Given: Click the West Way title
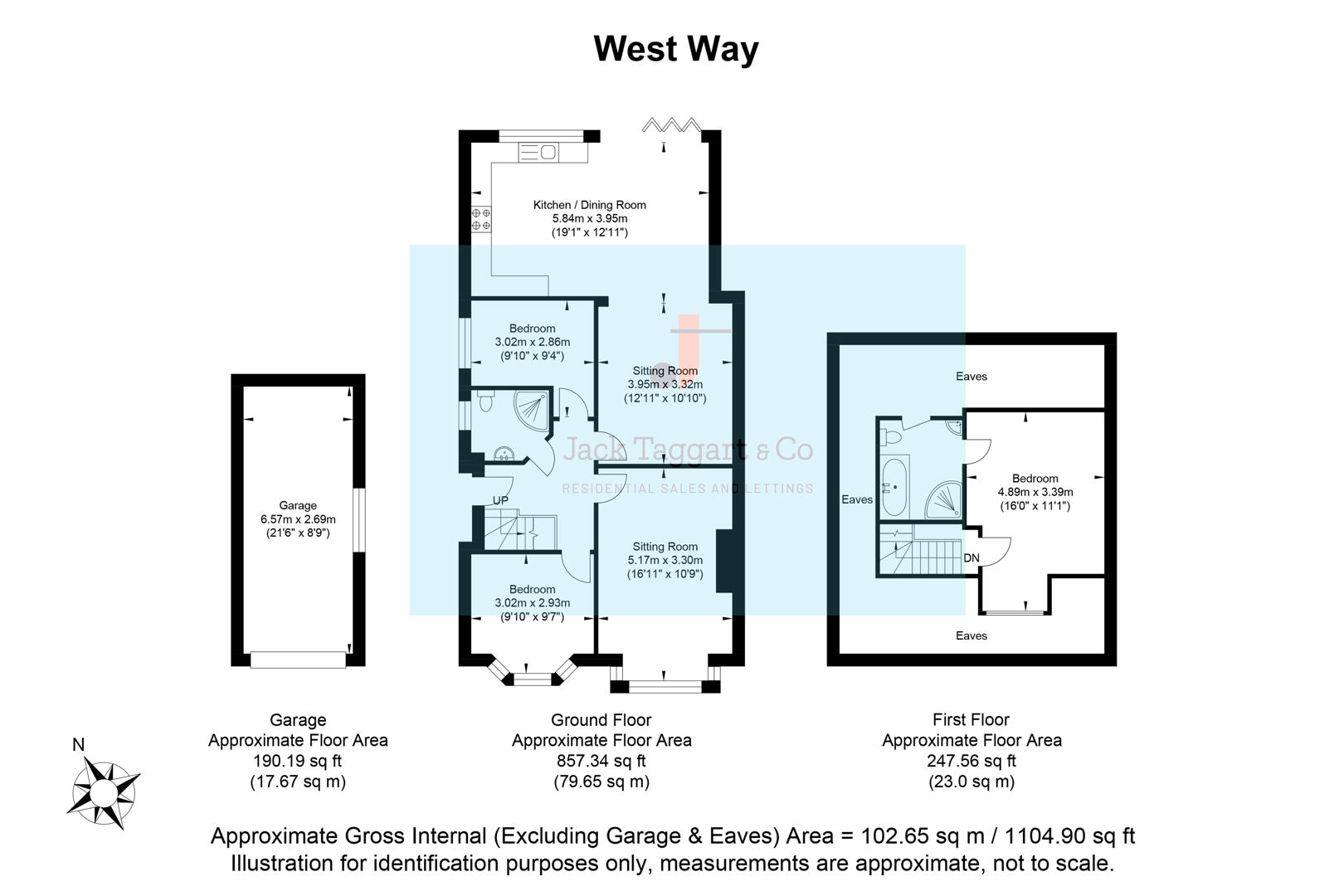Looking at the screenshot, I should (675, 49).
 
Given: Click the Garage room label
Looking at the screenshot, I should (298, 505).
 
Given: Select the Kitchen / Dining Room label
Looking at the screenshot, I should (589, 205).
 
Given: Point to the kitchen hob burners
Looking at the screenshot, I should (481, 219).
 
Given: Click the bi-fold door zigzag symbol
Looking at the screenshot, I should (671, 125).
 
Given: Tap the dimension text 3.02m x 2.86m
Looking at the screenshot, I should (532, 342).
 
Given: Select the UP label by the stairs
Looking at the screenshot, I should (500, 500).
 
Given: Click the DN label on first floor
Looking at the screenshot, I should (971, 558).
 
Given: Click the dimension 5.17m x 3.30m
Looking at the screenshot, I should (665, 560).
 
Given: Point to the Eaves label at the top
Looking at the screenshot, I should (971, 376).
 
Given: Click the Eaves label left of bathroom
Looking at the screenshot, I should (856, 499).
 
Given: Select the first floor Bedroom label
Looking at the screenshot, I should (1035, 478).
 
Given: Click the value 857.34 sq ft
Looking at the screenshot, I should (601, 761).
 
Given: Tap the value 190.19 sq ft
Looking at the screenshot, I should (297, 761).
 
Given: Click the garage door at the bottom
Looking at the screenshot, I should (298, 660).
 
